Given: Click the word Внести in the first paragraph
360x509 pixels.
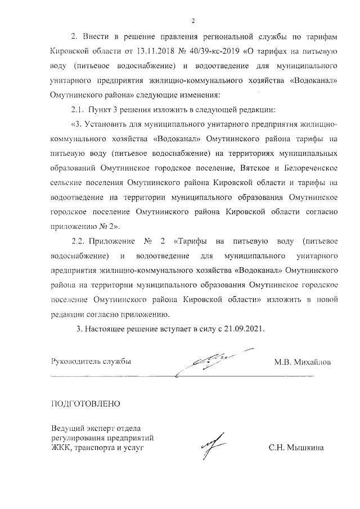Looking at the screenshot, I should [95, 37].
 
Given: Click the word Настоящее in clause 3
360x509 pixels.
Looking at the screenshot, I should [107, 328].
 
